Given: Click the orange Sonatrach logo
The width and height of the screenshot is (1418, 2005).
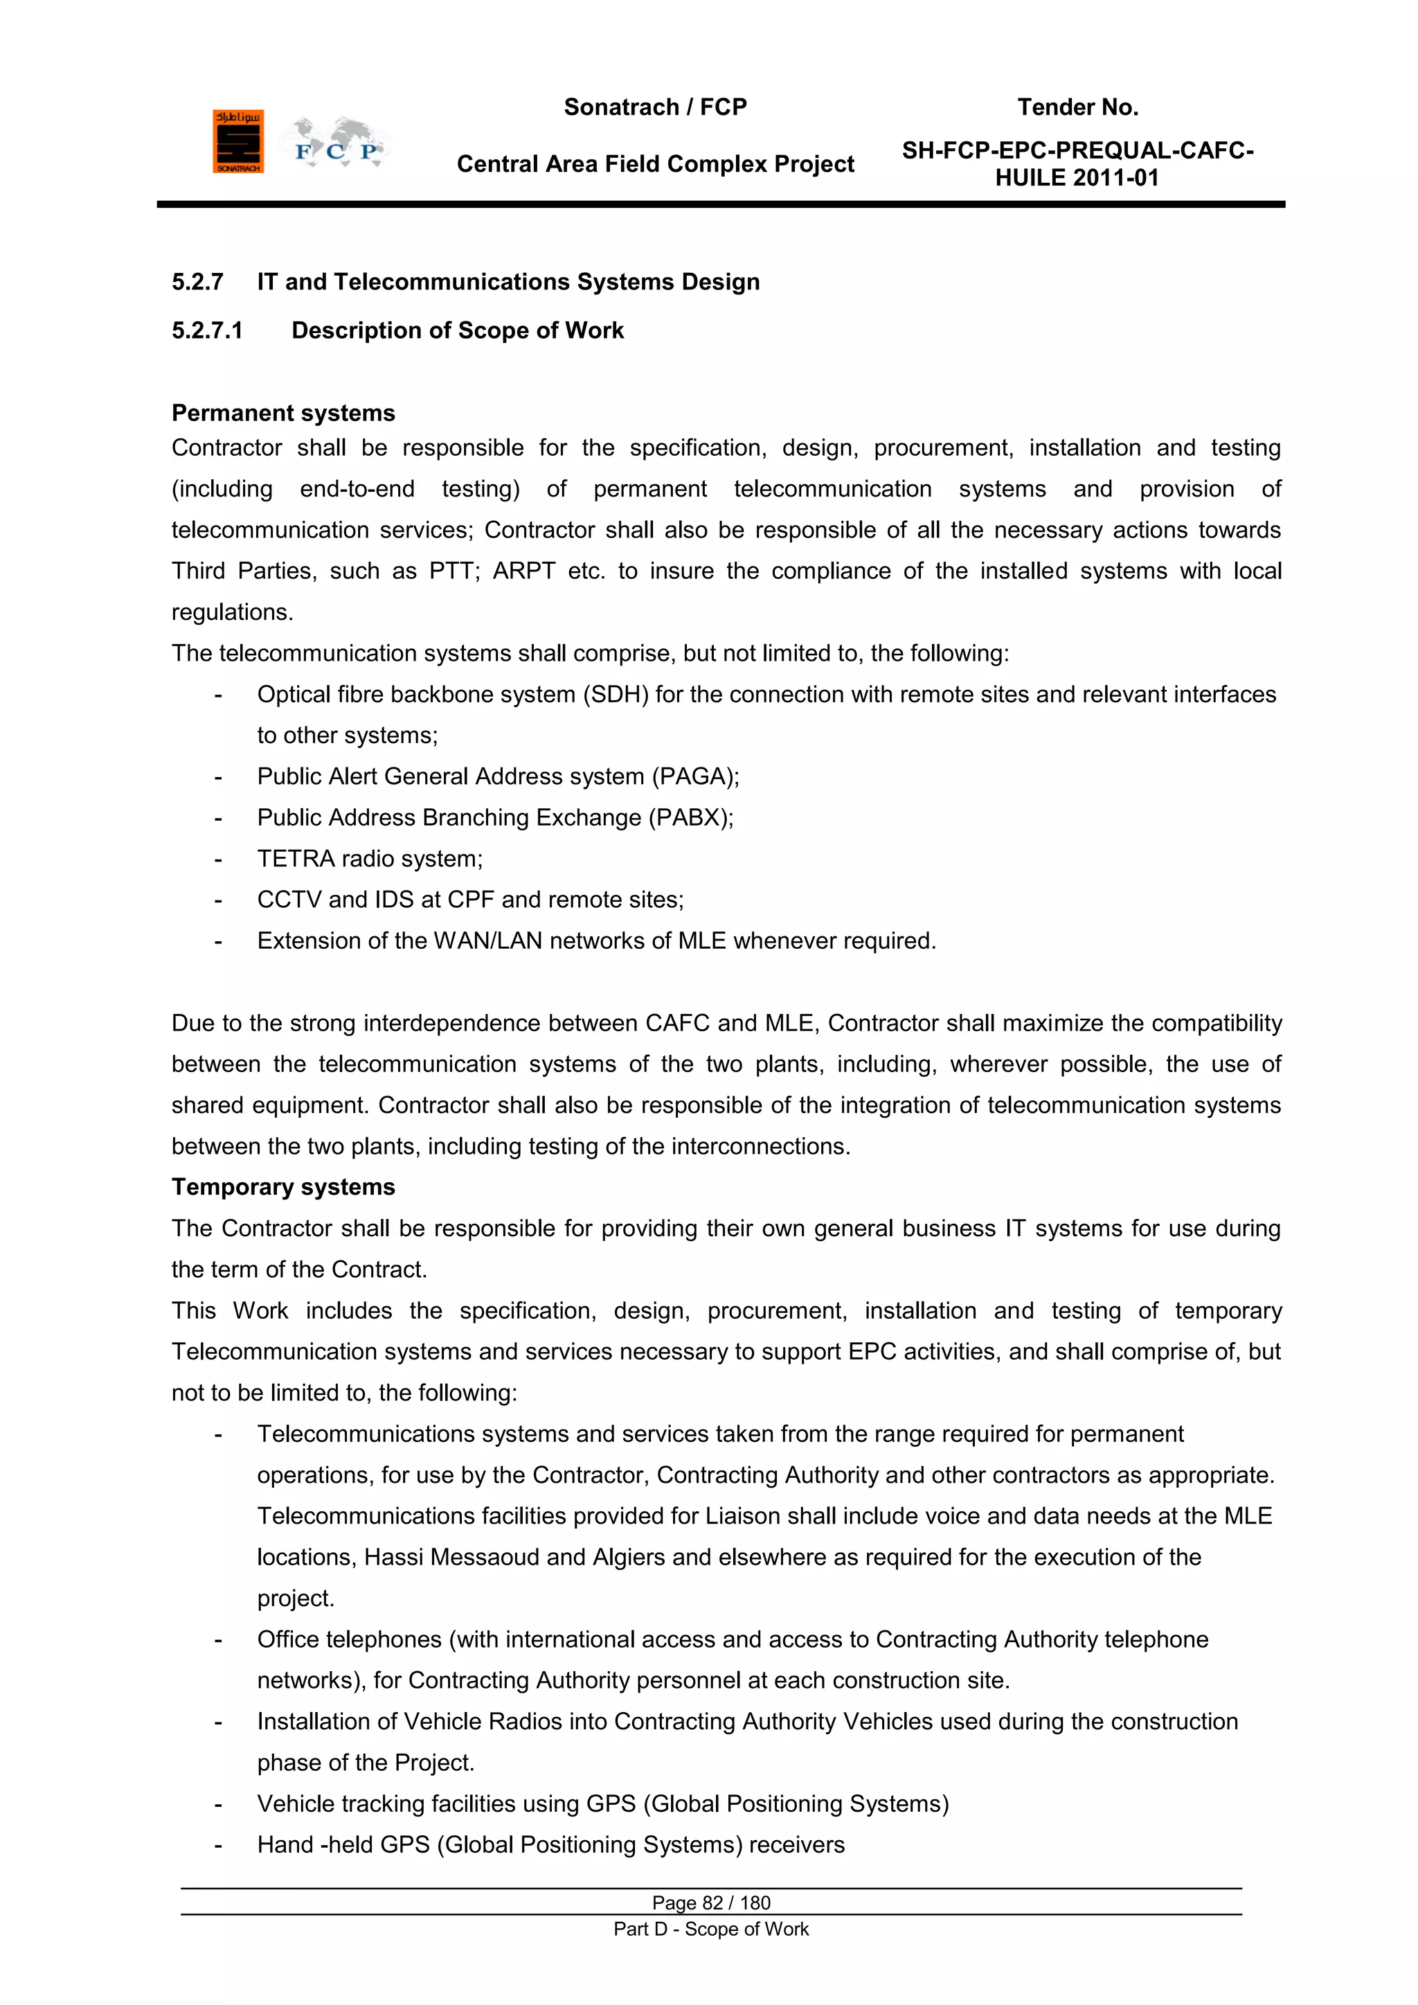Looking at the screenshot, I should click(x=237, y=141).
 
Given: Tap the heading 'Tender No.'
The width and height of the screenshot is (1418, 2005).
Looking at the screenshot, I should click(x=1077, y=107).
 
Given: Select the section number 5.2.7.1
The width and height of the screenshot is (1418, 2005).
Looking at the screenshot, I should click(x=207, y=331).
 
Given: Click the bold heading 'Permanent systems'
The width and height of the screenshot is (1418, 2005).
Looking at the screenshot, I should click(x=283, y=413).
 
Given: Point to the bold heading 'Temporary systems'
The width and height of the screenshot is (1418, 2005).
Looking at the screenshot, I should click(x=283, y=1188).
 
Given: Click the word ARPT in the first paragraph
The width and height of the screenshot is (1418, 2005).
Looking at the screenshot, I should click(x=524, y=571).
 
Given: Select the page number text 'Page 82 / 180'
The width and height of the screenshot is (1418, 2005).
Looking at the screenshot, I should click(x=711, y=1902).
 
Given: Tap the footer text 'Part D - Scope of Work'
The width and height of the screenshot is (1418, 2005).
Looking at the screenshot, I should click(x=711, y=1929).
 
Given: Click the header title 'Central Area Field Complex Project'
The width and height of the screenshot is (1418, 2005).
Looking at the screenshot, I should click(x=655, y=164).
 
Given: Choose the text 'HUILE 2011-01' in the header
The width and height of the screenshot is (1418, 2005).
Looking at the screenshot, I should click(x=1077, y=178).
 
